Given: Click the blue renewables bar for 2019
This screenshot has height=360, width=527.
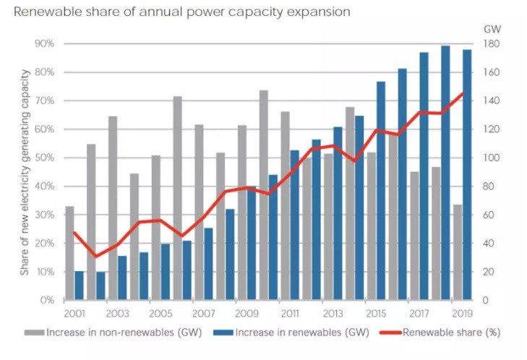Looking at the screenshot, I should [467, 174].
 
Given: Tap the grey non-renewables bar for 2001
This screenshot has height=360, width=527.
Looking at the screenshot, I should [69, 253].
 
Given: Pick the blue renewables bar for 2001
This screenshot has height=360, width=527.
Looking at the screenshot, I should [79, 285].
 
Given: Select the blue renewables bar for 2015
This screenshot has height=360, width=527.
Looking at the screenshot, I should [381, 191].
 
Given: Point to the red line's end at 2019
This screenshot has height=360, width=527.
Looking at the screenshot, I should [463, 93].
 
